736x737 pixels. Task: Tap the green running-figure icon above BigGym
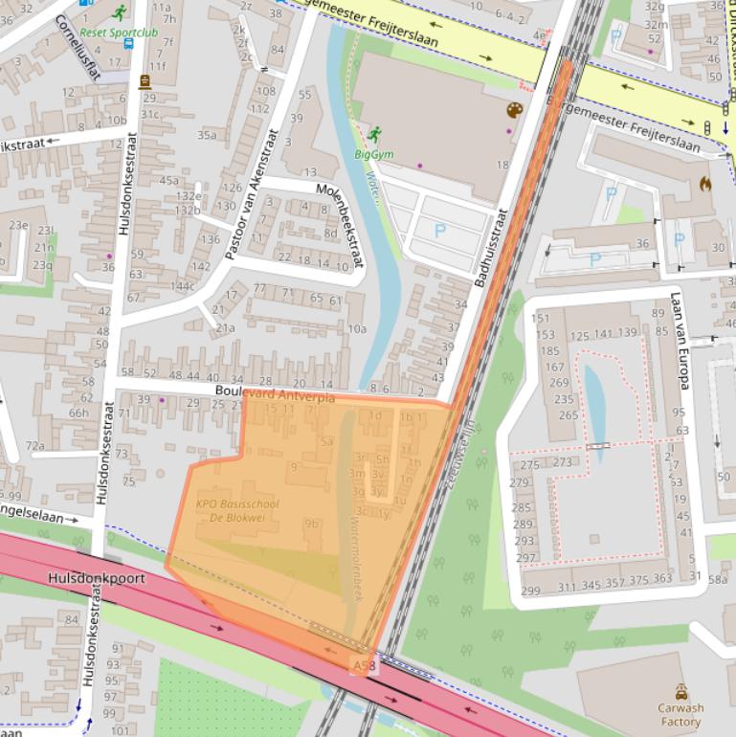[x=373, y=134]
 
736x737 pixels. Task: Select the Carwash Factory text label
[x=680, y=715]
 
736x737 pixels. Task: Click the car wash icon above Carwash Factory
[x=680, y=691]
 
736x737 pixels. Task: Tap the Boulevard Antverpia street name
[x=275, y=392]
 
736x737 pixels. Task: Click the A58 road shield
[x=363, y=665]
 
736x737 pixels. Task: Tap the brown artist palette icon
[x=515, y=110]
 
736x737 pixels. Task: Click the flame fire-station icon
[x=706, y=182]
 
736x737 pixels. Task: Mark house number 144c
[x=182, y=286]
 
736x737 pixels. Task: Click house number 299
[x=529, y=591]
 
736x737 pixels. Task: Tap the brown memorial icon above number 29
[x=145, y=82]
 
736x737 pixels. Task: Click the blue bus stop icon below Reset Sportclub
[x=128, y=44]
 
